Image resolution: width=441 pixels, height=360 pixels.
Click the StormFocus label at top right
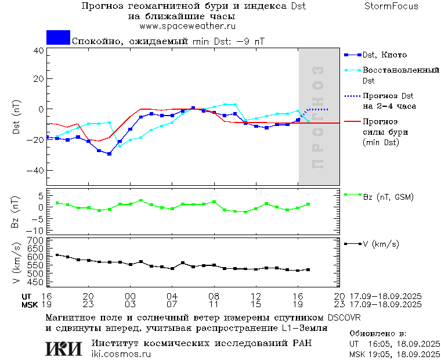point(392,6)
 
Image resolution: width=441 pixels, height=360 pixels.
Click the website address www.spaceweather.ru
point(187,26)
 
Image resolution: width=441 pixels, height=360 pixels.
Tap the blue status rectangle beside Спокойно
point(58,37)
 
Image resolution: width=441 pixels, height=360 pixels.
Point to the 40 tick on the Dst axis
point(38,51)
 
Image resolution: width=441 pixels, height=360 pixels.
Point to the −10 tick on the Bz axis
point(36,231)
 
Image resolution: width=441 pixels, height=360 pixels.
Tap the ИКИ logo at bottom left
point(63,348)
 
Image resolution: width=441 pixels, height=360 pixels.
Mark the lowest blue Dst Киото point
point(109,154)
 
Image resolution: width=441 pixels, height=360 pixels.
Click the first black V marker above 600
point(57,255)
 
